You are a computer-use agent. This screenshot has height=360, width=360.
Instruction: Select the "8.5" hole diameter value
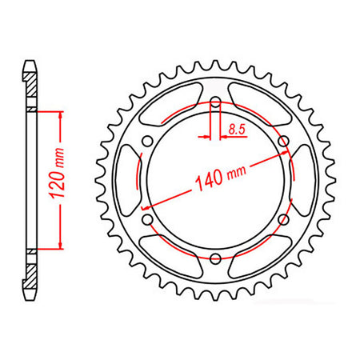tap(237, 128)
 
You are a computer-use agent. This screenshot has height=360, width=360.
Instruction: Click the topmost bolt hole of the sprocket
tap(214, 102)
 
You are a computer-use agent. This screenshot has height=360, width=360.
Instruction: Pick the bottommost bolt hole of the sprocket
tap(214, 257)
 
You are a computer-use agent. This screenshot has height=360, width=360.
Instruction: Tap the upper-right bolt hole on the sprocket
tap(282, 141)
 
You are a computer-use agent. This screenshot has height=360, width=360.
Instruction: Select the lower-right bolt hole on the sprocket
tap(282, 218)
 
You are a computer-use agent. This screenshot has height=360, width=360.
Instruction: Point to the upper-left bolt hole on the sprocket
tap(147, 141)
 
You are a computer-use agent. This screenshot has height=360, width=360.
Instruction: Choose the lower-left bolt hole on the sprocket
tap(147, 218)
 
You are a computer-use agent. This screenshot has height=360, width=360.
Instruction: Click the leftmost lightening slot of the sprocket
tap(127, 179)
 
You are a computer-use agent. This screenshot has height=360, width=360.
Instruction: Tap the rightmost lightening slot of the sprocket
tap(302, 179)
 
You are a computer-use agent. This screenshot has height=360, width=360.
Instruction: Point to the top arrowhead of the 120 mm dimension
tap(59, 113)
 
